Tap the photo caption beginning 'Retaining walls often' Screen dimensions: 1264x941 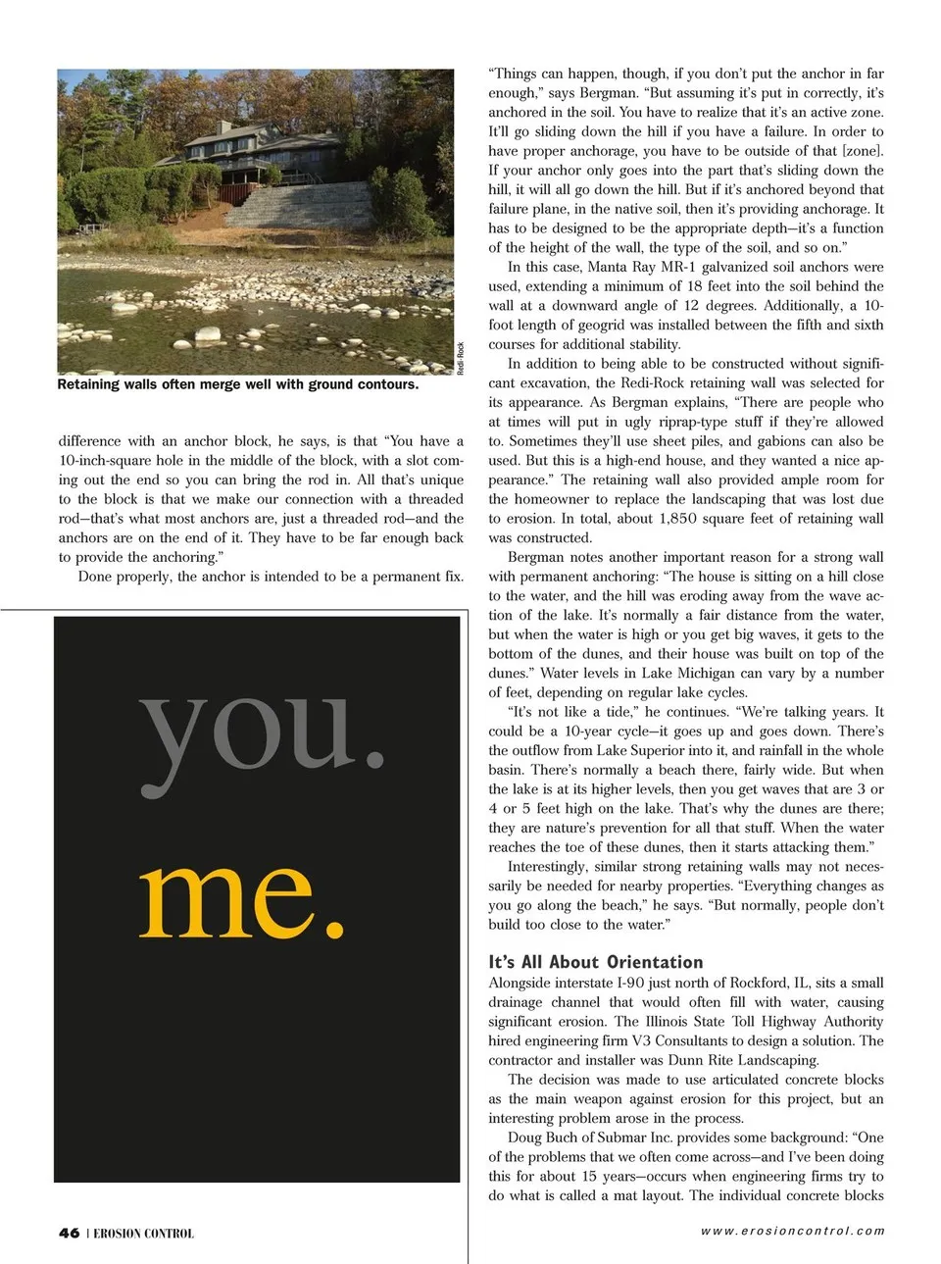237,384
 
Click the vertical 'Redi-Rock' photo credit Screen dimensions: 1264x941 460,358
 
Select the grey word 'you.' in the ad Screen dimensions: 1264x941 262,731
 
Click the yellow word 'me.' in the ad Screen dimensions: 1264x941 243,894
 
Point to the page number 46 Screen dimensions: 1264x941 69,1233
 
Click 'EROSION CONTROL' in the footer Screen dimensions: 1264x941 143,1234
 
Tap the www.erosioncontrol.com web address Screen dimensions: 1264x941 792,1231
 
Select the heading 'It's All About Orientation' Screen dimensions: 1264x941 595,962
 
